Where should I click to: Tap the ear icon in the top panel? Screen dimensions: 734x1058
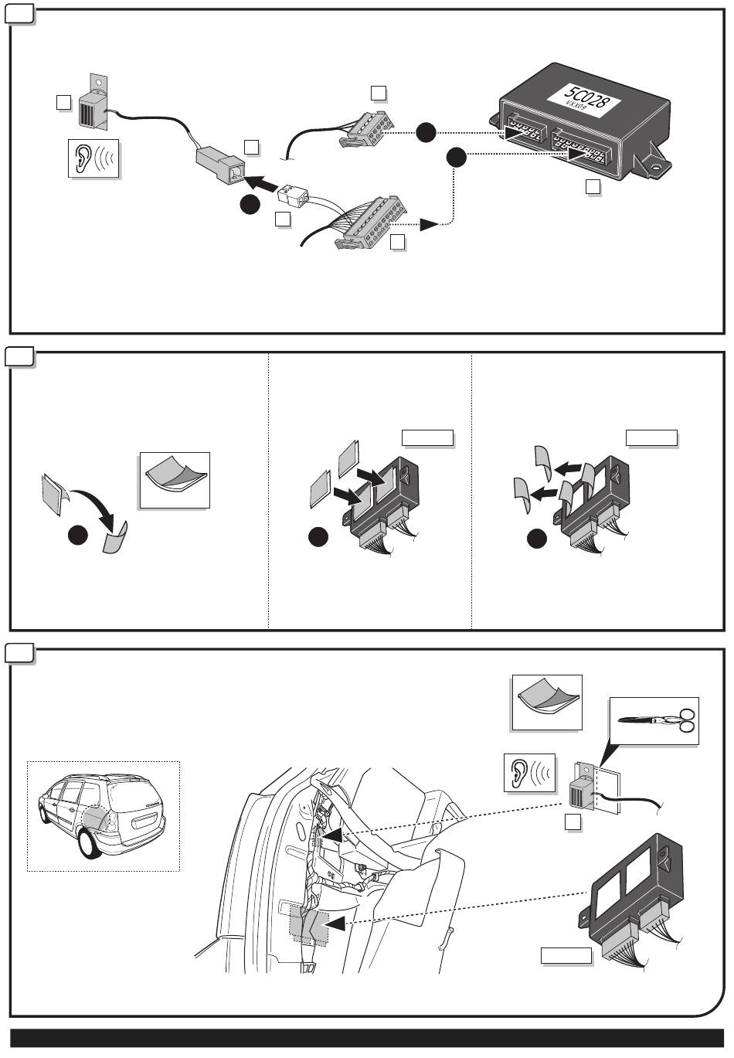click(x=93, y=158)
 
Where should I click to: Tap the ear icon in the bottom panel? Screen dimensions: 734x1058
click(x=529, y=771)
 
